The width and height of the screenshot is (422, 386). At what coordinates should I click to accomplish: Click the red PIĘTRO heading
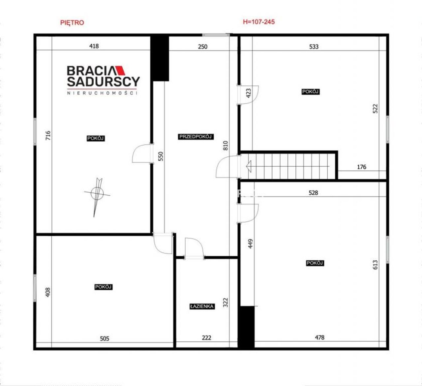click(72, 22)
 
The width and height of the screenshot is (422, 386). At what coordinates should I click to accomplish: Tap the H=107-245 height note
click(259, 22)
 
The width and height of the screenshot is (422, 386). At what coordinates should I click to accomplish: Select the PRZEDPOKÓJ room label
click(196, 137)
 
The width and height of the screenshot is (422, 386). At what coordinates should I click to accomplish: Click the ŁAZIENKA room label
click(202, 306)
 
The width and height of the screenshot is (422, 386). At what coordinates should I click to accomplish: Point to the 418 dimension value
click(94, 46)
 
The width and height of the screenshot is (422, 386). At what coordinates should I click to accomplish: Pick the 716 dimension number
click(48, 135)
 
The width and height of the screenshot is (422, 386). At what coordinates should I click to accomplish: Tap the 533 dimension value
click(314, 47)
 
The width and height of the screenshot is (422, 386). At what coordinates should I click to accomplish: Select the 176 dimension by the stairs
click(362, 167)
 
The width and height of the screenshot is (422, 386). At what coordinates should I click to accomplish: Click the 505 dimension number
click(105, 338)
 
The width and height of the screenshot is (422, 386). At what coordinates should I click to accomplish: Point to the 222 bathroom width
click(206, 338)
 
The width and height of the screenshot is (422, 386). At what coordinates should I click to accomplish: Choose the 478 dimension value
click(319, 338)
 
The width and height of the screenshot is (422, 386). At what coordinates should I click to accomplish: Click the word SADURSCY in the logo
click(103, 81)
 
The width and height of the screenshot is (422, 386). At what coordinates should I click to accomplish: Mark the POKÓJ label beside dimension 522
click(311, 92)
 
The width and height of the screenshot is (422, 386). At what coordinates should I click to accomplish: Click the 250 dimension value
click(202, 47)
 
